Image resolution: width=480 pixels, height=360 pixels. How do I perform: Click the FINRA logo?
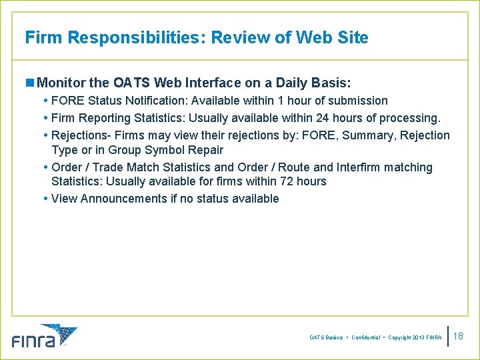[x=44, y=336]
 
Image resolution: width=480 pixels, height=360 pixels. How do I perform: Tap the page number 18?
[x=458, y=336]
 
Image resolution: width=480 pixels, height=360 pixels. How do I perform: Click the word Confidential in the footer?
[x=366, y=338]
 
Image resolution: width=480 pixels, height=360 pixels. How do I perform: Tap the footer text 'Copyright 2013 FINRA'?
[x=415, y=338]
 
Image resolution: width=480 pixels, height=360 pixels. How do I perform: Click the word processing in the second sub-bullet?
[x=409, y=118]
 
